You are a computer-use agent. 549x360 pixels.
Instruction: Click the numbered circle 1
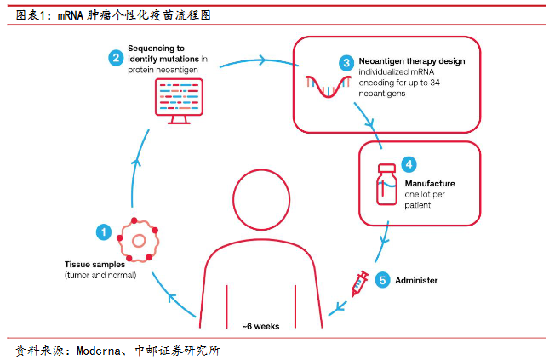[104, 231]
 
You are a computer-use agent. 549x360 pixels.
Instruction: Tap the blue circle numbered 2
[116, 58]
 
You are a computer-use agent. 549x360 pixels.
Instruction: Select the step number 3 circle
[346, 63]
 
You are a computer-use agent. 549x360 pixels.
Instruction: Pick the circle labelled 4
[409, 164]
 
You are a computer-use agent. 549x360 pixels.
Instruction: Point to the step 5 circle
[382, 280]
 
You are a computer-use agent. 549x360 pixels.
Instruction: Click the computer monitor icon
[179, 101]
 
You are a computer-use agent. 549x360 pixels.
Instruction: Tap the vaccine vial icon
[386, 184]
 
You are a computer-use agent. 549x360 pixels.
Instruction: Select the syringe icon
[360, 283]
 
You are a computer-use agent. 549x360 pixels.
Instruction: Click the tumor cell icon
[138, 240]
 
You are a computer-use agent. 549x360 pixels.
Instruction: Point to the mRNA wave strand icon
[328, 86]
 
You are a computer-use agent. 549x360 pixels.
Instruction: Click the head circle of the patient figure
[261, 200]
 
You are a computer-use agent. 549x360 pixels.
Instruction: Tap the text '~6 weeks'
[260, 326]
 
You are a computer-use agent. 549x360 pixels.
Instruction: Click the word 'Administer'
[416, 281]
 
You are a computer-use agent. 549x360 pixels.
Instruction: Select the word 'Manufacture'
[430, 184]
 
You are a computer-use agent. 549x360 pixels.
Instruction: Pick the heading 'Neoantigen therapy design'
[412, 61]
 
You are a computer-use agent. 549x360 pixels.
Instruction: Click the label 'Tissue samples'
[94, 265]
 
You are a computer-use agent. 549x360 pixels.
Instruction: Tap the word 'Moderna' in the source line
[99, 351]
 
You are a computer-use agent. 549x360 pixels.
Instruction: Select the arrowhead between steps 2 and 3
[262, 60]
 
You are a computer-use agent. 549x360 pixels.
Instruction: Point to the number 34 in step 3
[435, 83]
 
